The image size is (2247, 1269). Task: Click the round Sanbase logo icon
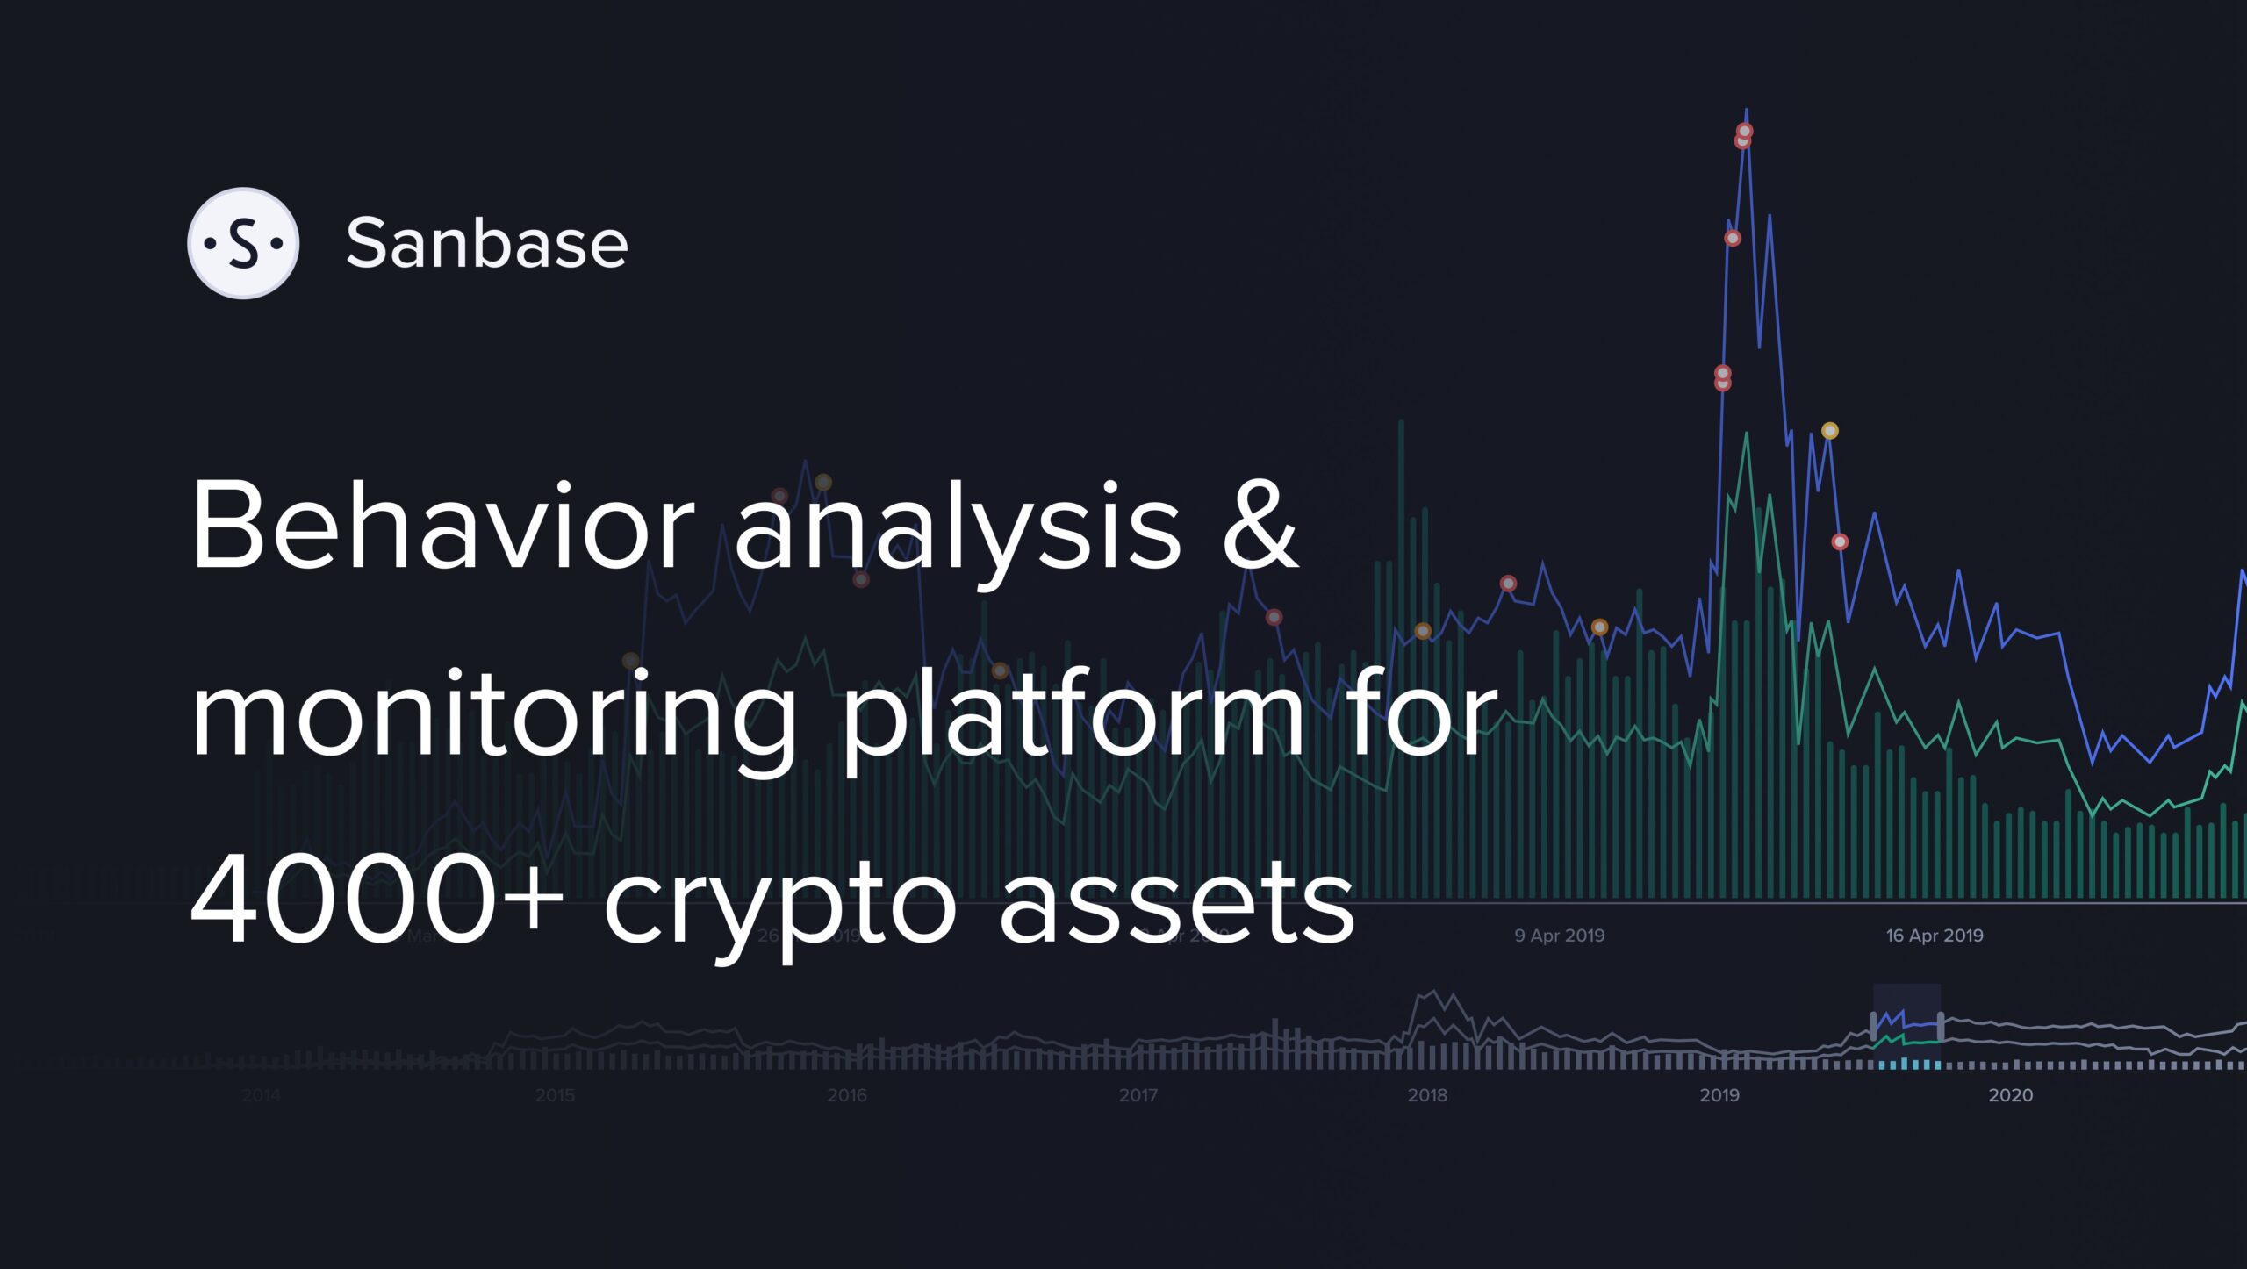click(243, 243)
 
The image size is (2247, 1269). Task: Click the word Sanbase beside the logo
click(487, 243)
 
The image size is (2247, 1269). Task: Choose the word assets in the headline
click(1176, 904)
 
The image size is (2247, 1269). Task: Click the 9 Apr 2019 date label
click(1559, 936)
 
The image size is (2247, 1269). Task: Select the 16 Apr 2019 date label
click(1935, 936)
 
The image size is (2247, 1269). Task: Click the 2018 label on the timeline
click(1427, 1095)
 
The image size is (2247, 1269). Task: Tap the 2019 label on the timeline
click(1719, 1095)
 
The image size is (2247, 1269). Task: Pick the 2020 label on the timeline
click(2010, 1095)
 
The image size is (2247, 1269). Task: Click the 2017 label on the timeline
click(1138, 1095)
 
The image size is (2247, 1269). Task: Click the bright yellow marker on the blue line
click(1830, 431)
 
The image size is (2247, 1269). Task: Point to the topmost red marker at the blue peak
click(1745, 132)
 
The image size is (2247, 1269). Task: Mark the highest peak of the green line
click(1747, 434)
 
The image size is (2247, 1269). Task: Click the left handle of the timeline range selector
click(1874, 1025)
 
